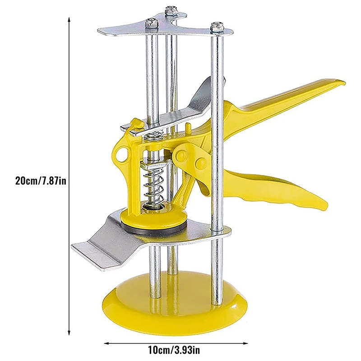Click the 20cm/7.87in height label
(x=41, y=180)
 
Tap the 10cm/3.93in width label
(x=174, y=351)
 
